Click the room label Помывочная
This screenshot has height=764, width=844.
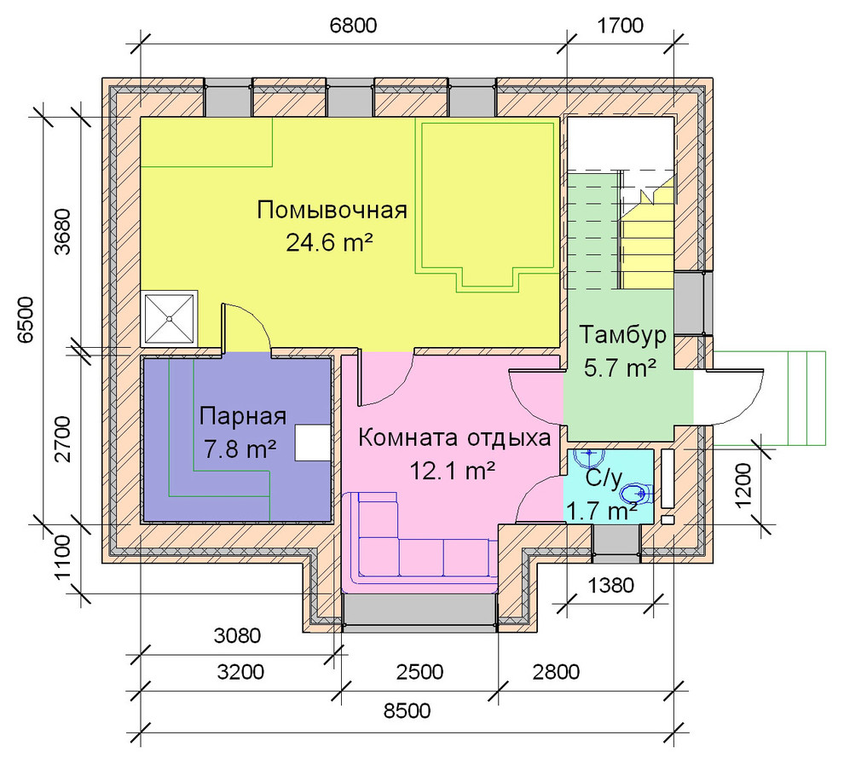click(x=332, y=210)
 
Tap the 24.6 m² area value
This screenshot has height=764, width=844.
click(x=329, y=243)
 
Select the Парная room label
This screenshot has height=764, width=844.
click(x=242, y=417)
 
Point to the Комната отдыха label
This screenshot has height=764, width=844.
click(x=454, y=437)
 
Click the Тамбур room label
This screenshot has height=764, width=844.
click(x=623, y=335)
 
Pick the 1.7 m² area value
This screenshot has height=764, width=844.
click(x=603, y=511)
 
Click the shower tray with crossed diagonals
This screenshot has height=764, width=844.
click(x=170, y=318)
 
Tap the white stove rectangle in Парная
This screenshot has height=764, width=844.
click(x=313, y=443)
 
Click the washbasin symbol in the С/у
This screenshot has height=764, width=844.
click(x=589, y=458)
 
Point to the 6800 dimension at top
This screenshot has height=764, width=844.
click(x=353, y=26)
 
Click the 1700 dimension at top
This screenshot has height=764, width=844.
click(x=620, y=26)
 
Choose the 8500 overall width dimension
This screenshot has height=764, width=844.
click(x=407, y=710)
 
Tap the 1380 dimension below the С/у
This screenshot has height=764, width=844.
click(x=610, y=585)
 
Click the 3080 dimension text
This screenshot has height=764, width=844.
click(x=237, y=636)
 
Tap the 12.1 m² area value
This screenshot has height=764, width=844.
click(x=453, y=472)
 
